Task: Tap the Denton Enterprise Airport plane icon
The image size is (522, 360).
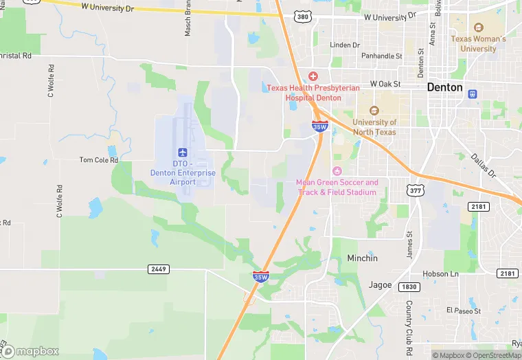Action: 183,152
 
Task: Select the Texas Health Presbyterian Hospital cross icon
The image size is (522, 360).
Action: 313,76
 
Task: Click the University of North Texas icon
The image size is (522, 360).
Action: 374,111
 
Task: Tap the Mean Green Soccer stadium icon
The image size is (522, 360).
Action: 337,171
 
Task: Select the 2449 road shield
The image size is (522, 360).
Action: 158,269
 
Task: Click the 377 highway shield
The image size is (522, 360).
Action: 413,189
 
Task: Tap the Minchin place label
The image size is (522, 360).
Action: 362,258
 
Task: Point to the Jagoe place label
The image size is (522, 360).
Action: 380,285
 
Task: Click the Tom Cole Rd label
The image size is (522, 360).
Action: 99,160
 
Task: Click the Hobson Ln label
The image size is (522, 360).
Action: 440,273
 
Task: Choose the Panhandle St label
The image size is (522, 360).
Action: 382,56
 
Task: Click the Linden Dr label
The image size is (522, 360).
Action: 345,45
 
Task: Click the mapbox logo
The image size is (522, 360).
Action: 31,350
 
